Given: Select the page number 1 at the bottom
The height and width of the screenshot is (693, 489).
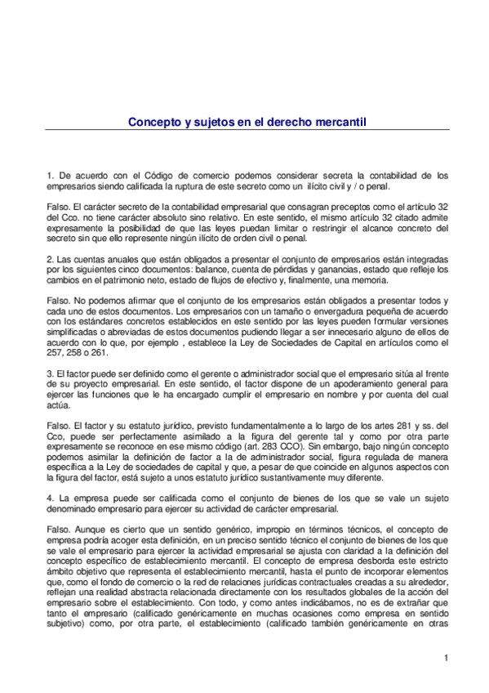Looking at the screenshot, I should tap(447, 659).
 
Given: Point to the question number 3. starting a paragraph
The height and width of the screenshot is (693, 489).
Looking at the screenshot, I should tap(50, 372).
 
